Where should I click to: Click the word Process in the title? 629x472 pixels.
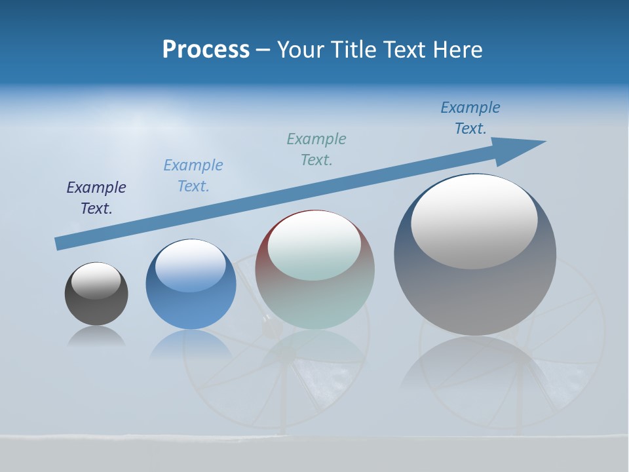coord(206,50)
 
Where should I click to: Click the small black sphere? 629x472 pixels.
coord(96,302)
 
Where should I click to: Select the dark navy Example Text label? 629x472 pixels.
coord(96,198)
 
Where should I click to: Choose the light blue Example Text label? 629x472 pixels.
coord(193,176)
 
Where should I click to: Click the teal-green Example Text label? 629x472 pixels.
coord(316,149)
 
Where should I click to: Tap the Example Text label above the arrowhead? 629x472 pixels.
coord(470,118)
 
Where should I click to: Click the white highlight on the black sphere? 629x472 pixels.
coord(96,280)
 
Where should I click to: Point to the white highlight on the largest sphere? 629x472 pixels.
coord(474,220)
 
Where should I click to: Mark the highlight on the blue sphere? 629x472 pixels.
coord(191,264)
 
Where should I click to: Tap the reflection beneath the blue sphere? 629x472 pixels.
coord(190,344)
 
